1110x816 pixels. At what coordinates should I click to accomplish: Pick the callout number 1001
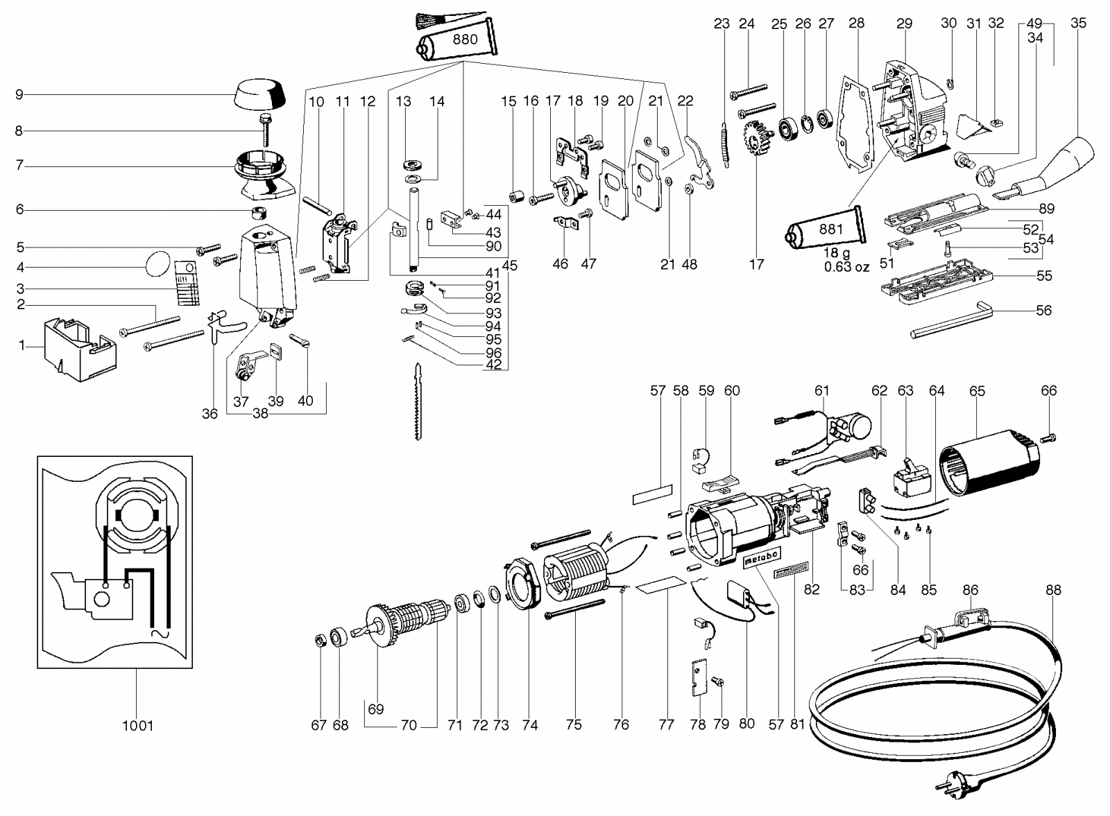click(x=138, y=726)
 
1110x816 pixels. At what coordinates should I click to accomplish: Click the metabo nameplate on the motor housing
click(x=762, y=557)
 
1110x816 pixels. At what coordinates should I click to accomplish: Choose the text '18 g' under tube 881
click(x=837, y=253)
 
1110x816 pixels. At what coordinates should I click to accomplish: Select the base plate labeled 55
click(x=937, y=286)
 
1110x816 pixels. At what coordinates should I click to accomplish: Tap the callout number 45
click(x=509, y=266)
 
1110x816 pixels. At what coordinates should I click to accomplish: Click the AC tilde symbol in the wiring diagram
click(x=160, y=634)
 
